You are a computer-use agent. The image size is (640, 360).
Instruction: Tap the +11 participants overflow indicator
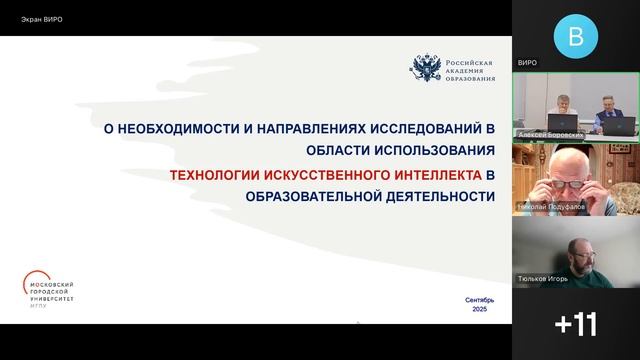(x=575, y=324)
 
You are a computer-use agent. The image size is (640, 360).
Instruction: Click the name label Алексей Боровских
(x=551, y=133)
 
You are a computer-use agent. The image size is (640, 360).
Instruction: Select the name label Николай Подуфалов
(x=552, y=207)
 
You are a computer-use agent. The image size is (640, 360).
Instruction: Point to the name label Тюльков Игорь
(x=543, y=279)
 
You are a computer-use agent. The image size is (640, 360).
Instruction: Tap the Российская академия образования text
(x=469, y=68)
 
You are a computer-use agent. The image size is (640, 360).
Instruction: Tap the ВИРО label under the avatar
(x=527, y=63)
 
